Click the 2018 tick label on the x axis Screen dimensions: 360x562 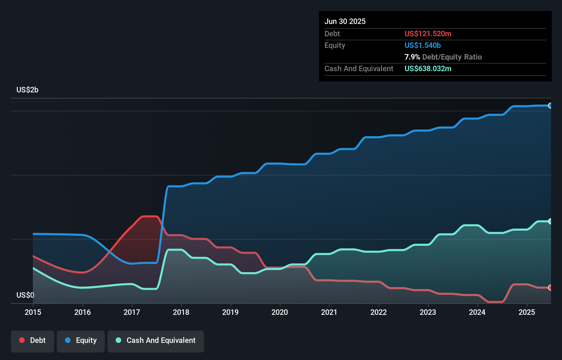181,312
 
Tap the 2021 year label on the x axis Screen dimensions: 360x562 329,312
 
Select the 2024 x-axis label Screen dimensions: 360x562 477,312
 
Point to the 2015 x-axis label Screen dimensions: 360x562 33,312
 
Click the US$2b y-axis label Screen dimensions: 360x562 27,90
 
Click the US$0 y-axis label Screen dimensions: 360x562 25,295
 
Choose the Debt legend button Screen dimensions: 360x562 33,340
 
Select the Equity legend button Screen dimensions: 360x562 81,340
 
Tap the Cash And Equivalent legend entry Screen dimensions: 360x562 156,340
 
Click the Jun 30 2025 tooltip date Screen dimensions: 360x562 345,21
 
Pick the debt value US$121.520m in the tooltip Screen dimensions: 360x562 428,34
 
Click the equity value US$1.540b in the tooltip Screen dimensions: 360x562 423,45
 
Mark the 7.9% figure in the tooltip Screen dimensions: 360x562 412,57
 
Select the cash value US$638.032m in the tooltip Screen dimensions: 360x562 428,68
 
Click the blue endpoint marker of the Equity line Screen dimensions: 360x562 550,105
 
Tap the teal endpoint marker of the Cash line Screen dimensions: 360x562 550,221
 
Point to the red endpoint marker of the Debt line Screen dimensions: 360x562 550,287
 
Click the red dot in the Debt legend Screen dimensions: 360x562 22,340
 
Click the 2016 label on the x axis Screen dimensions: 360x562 82,312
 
